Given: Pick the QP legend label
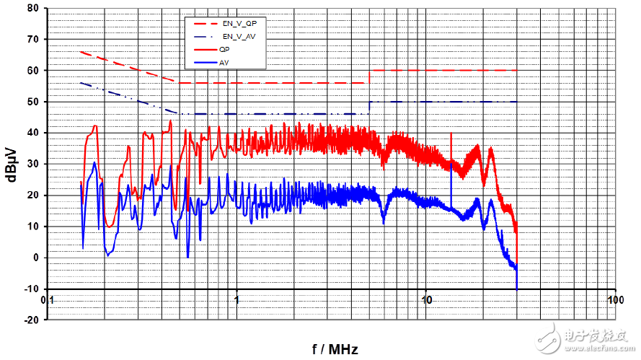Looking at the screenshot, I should point(224,49).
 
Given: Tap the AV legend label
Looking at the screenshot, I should point(224,63).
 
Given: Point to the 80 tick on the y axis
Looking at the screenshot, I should point(32,8).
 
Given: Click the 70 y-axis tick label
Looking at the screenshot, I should point(32,39).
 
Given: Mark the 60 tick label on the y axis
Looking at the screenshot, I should point(32,71).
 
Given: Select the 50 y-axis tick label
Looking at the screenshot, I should point(32,102).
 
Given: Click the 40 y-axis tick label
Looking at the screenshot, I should point(32,133).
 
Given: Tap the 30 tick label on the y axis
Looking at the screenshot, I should point(32,164).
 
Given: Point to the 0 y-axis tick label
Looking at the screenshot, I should point(35,258).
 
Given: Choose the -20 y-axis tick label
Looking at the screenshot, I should point(30,320).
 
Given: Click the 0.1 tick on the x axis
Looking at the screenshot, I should point(48,298).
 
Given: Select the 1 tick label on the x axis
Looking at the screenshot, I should point(236,298).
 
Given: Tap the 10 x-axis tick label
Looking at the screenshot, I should point(426,298).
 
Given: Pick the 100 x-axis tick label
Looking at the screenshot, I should point(615,298).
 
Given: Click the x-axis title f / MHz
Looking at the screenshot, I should point(335,349).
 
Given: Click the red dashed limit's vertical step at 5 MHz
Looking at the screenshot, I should point(369,76).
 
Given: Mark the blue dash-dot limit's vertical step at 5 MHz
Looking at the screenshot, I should point(369,108).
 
